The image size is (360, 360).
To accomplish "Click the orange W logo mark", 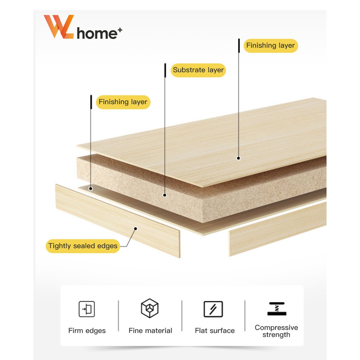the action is (x=59, y=27).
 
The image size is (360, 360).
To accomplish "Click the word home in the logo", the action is (x=97, y=33).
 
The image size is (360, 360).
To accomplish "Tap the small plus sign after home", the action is (x=120, y=30).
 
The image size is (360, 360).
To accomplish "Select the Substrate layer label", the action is (x=198, y=70).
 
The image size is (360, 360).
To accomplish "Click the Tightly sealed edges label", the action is (x=83, y=246).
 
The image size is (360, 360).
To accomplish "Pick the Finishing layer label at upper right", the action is (x=271, y=45).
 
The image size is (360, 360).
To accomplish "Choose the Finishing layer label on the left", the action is (x=123, y=102).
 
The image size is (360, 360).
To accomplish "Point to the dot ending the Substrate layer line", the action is (x=165, y=195).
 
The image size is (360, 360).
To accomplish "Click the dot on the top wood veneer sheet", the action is (x=239, y=158).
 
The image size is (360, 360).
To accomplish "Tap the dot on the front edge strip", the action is (x=135, y=229).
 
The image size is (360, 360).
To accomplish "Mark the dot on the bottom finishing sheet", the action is (x=91, y=189).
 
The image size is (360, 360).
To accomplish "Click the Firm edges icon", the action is (x=87, y=309).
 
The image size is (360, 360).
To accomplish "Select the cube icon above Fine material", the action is (x=150, y=308).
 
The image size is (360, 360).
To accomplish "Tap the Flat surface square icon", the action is (x=213, y=309).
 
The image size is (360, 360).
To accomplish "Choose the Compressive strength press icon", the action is (x=277, y=309).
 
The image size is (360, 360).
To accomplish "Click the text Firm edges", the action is (x=87, y=330).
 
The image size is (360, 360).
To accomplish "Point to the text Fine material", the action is (x=150, y=330).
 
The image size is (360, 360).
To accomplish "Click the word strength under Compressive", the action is (x=276, y=335).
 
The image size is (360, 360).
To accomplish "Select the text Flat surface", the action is (x=215, y=330).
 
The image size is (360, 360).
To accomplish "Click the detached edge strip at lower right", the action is (x=278, y=229).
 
